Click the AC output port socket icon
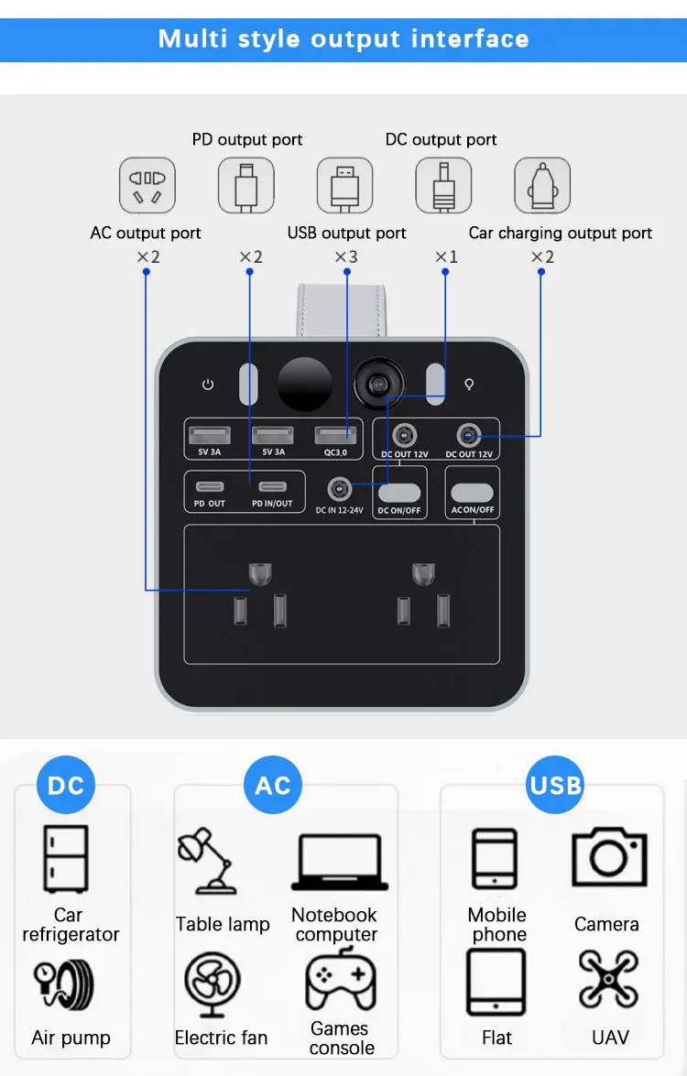(x=147, y=185)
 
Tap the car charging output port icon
(x=541, y=185)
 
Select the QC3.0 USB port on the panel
(x=335, y=435)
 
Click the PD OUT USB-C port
(x=209, y=486)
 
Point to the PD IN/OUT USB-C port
(x=272, y=486)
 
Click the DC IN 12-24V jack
(x=339, y=488)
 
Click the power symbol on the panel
(x=208, y=385)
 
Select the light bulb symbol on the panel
(x=470, y=385)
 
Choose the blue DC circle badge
(x=66, y=785)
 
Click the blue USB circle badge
(x=555, y=785)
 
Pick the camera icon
(x=609, y=857)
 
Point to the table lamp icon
(x=207, y=862)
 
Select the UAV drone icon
(x=609, y=979)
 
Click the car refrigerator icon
(x=66, y=858)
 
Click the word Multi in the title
(x=191, y=38)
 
